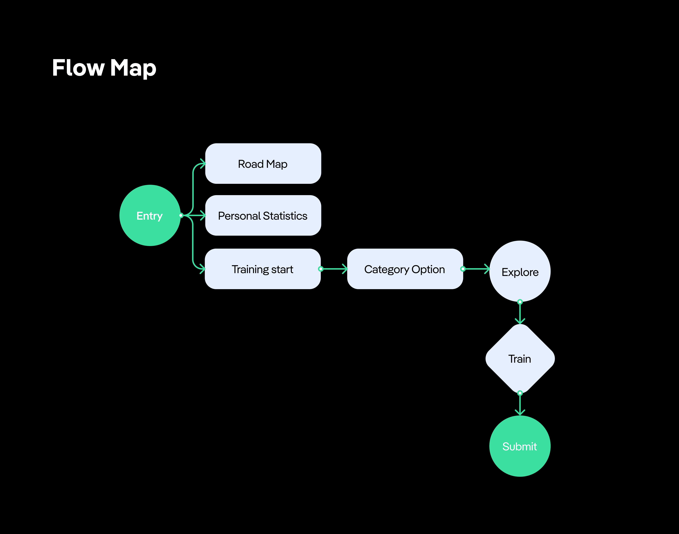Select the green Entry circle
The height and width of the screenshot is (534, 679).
pos(150,215)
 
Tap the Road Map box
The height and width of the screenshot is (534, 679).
pos(263,164)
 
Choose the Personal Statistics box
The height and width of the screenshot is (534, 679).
pos(263,215)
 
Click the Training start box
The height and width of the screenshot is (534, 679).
pos(263,269)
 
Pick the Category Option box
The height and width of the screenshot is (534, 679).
pos(405,269)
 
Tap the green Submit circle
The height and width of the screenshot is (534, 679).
pos(520,446)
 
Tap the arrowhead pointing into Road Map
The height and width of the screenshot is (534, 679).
pos(203,164)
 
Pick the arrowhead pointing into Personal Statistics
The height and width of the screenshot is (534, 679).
pos(203,215)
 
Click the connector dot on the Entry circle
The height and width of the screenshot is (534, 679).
pos(181,215)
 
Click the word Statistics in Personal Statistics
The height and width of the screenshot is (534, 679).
pos(285,216)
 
